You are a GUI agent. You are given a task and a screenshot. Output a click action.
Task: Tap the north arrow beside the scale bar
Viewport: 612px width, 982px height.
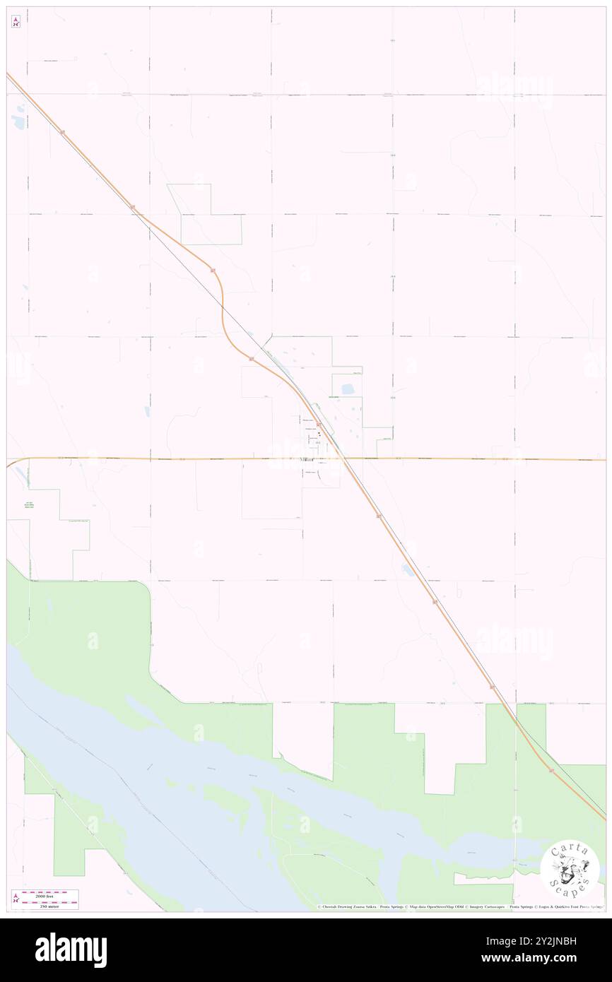[16, 899]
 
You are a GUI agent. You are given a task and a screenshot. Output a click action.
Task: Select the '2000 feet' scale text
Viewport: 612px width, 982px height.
[50, 893]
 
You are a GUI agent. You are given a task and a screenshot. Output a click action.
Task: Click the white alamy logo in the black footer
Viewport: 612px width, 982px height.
[71, 950]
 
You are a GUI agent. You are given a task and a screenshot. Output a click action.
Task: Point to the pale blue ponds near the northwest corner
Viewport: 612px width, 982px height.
[18, 113]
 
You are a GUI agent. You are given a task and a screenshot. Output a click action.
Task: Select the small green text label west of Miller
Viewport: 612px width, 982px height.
[28, 506]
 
